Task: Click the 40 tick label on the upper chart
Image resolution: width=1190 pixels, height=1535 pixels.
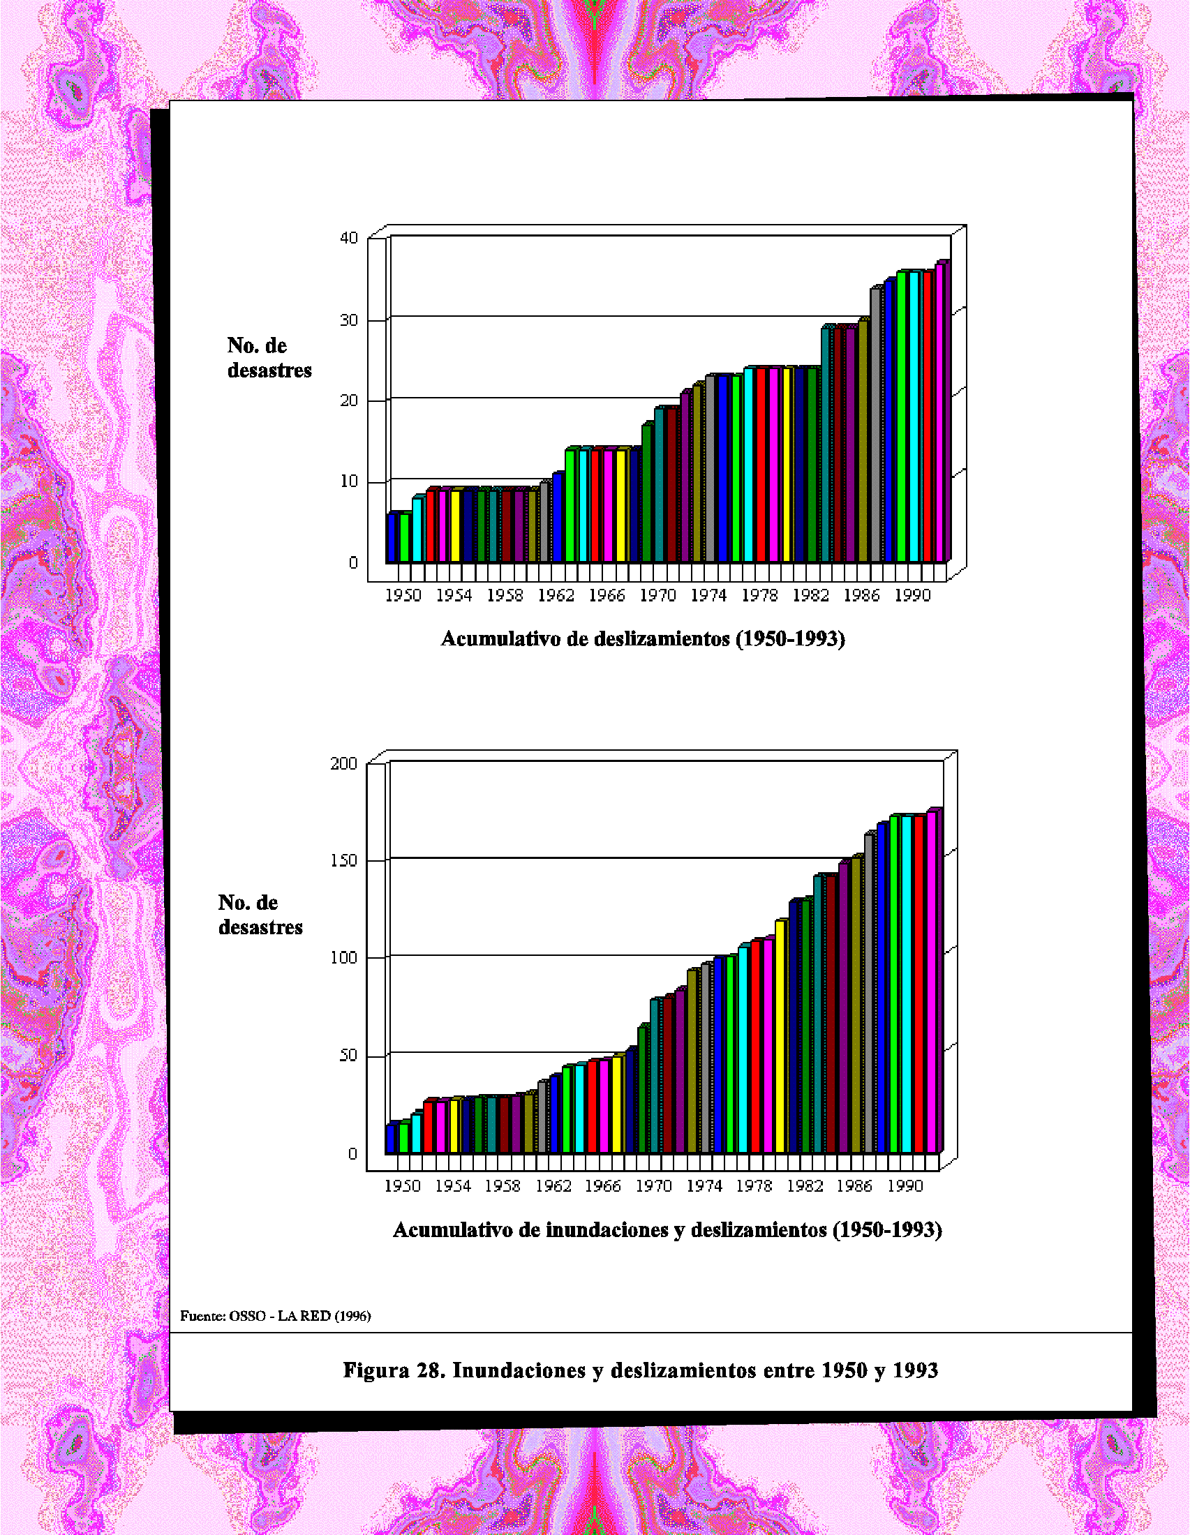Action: click(x=350, y=238)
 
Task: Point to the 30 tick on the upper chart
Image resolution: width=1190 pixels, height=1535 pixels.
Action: click(x=350, y=320)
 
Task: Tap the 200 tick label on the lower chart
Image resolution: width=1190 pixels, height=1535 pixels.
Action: click(x=343, y=763)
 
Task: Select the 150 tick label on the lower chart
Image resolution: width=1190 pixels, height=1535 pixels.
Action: click(x=343, y=861)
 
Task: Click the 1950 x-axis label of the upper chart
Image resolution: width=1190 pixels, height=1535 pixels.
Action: click(x=403, y=595)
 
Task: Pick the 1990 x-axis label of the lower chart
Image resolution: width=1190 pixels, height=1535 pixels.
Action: click(x=905, y=1185)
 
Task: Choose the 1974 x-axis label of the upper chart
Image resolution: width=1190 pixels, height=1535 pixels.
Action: click(x=708, y=595)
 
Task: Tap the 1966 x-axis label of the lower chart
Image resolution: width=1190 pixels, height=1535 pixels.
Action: click(x=603, y=1185)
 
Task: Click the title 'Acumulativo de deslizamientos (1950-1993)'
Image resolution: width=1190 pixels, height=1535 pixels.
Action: click(x=642, y=638)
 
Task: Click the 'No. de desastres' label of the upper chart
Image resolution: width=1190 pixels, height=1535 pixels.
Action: click(x=269, y=358)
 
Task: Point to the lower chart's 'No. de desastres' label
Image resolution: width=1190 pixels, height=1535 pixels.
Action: click(x=260, y=915)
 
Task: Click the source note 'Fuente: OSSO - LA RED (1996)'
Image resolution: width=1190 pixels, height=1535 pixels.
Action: click(x=276, y=1316)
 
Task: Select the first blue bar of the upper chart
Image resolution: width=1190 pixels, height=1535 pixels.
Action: click(x=392, y=539)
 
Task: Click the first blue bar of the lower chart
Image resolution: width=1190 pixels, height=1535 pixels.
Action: click(x=391, y=1139)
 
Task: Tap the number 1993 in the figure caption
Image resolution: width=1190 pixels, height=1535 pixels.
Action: click(x=915, y=1370)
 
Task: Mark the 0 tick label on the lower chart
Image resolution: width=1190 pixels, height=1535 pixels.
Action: click(x=352, y=1154)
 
